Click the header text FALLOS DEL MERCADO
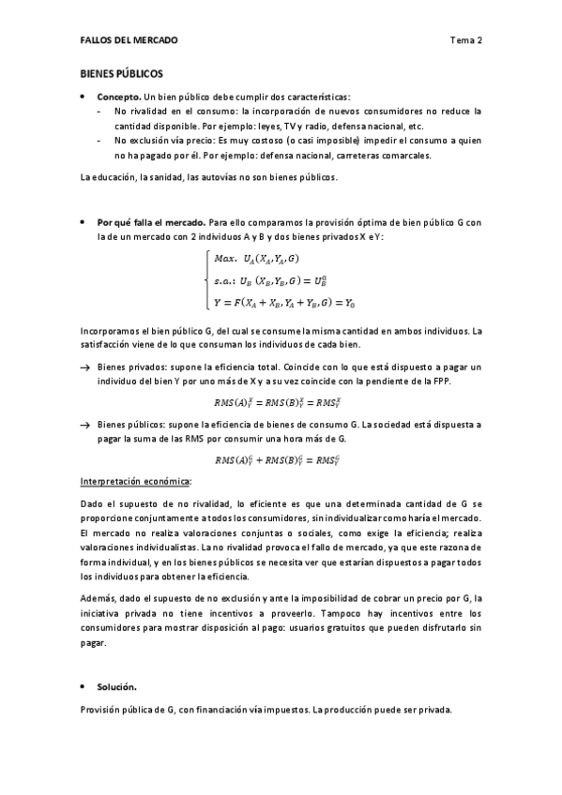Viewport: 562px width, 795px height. (129, 40)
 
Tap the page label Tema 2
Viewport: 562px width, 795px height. (465, 40)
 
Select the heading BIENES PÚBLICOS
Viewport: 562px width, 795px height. (121, 72)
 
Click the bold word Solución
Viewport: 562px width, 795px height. (117, 687)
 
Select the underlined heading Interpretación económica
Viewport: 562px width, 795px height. (136, 480)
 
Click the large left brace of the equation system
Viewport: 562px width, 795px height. (205, 280)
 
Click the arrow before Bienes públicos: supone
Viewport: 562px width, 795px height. (85, 424)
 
